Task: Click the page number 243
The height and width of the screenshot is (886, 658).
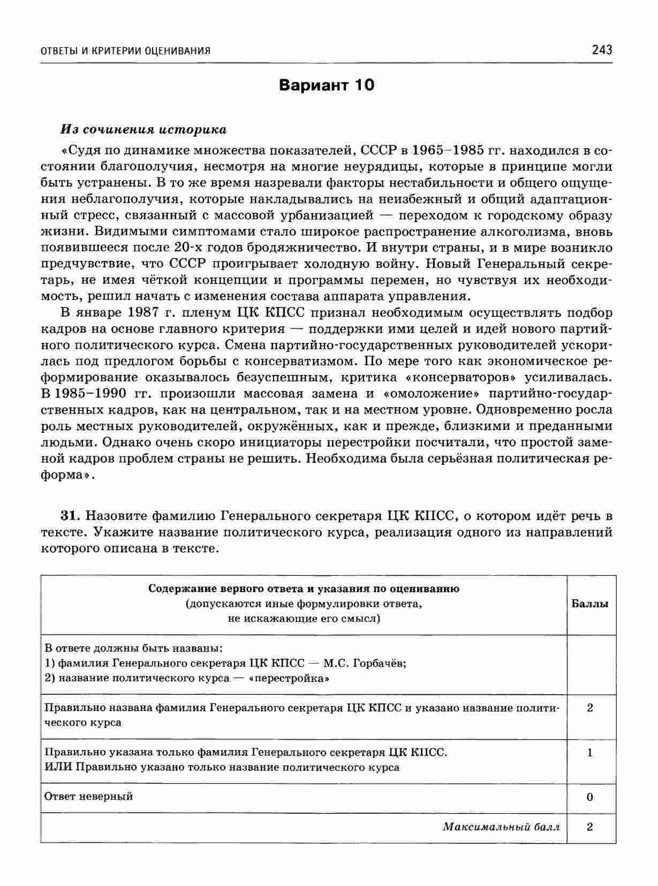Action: pyautogui.click(x=602, y=50)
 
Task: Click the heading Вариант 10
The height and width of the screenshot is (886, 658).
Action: pyautogui.click(x=327, y=85)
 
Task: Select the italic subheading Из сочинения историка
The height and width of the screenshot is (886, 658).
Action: pyautogui.click(x=143, y=130)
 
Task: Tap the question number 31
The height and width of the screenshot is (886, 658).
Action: pyautogui.click(x=71, y=516)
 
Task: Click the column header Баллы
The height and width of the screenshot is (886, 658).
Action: pyautogui.click(x=590, y=604)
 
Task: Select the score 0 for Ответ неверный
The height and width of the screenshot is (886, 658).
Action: pyautogui.click(x=590, y=797)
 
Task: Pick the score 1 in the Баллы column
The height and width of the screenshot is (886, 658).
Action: pyautogui.click(x=590, y=753)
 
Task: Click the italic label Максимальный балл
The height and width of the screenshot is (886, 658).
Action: pyautogui.click(x=501, y=827)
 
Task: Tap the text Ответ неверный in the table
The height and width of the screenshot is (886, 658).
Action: pyautogui.click(x=88, y=797)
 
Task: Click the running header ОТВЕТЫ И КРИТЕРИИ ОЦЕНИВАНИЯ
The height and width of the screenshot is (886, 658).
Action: pyautogui.click(x=126, y=51)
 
